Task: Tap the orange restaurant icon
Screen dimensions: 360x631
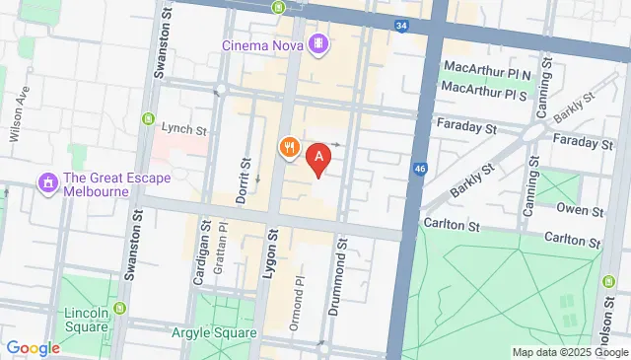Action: point(289,148)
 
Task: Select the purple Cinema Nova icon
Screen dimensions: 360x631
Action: point(318,44)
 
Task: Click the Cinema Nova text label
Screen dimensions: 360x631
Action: point(262,44)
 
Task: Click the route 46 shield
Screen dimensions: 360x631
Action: point(420,169)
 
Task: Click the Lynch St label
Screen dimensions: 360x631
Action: point(185,129)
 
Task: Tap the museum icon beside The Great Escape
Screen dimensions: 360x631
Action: point(46,183)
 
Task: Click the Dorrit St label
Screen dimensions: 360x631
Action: point(243,180)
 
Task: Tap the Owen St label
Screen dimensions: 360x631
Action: point(579,210)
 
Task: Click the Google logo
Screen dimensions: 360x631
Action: point(33,347)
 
